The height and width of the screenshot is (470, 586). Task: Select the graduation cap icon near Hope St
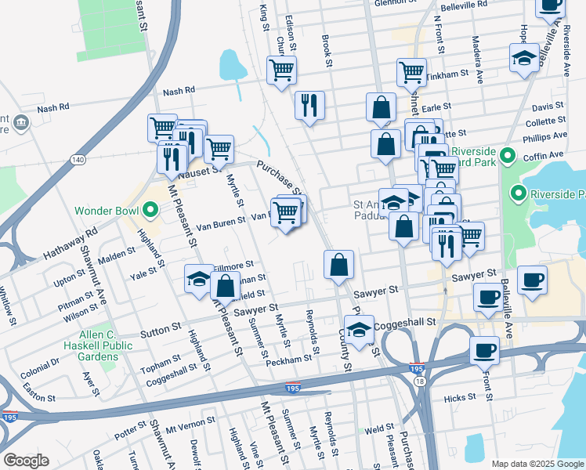click(524, 59)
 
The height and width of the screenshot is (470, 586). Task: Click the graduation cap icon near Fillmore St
click(199, 278)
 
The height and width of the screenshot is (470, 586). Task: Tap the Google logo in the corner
click(26, 461)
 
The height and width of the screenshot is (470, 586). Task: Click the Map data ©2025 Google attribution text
click(537, 464)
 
